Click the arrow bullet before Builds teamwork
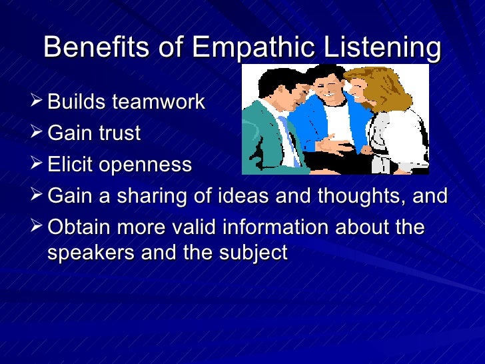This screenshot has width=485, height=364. tap(39, 103)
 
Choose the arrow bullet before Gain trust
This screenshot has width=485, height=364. tap(39, 133)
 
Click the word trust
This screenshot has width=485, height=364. tap(119, 134)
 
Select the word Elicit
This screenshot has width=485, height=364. tap(70, 165)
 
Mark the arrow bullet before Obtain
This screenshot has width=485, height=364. tap(39, 227)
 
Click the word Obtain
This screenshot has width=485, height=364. tap(81, 227)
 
